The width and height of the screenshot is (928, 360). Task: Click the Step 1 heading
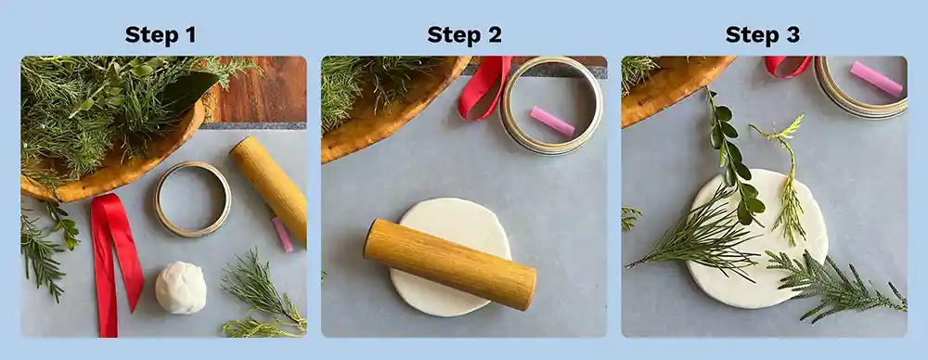[x=161, y=35]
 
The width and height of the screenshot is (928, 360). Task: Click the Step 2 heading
[x=464, y=35]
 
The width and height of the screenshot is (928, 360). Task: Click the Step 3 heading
[x=762, y=35]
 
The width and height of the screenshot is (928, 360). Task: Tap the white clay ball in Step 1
[x=180, y=287]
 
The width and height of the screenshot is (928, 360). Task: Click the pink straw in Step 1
[x=282, y=235]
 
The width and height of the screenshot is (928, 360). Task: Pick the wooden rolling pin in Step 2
[x=449, y=264]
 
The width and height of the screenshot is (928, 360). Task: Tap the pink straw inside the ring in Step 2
[x=553, y=121]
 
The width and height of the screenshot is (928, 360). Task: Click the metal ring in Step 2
[x=551, y=104]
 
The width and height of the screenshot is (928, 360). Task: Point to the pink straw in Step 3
[x=876, y=79]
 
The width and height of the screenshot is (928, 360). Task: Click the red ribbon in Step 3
[x=787, y=66]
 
